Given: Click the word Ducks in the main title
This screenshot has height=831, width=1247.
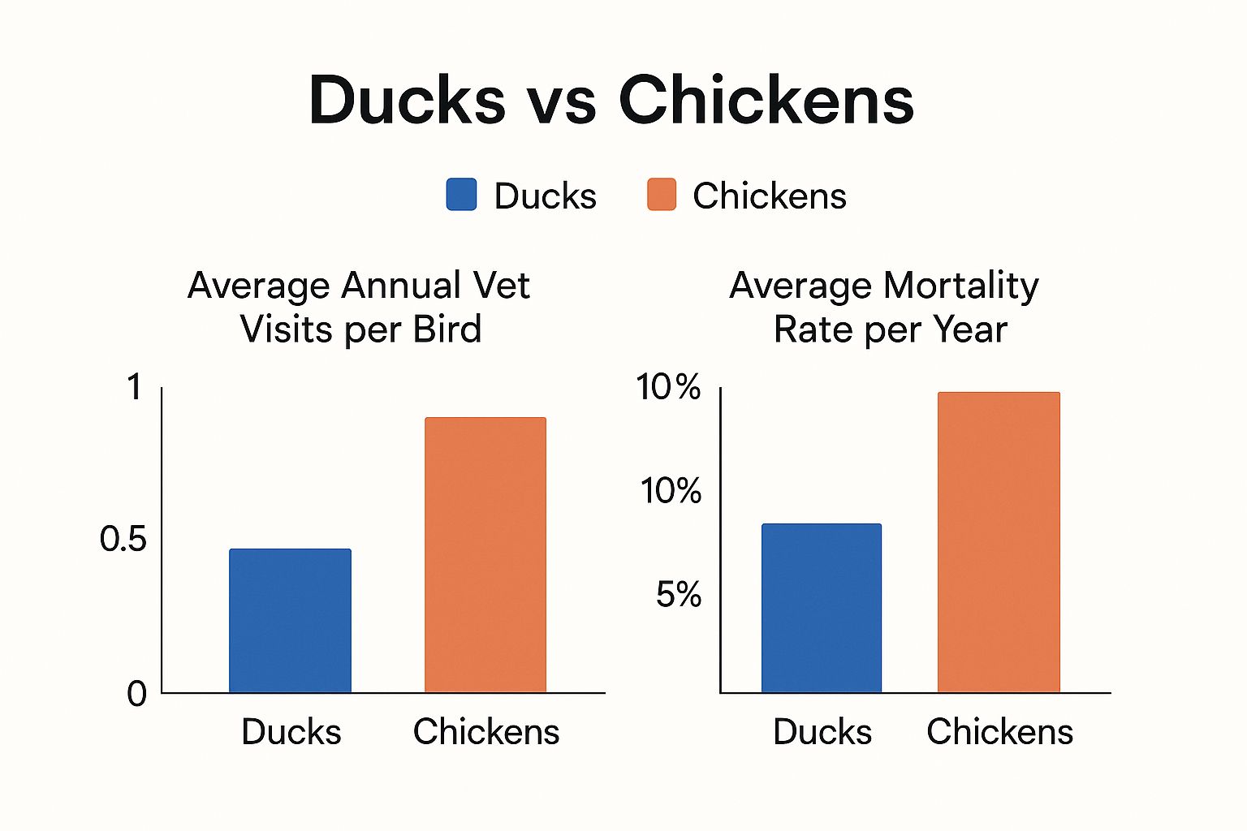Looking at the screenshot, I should [x=407, y=101].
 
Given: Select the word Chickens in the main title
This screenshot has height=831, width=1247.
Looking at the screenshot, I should [x=766, y=101].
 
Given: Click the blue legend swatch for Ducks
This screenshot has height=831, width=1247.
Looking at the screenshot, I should [x=461, y=195].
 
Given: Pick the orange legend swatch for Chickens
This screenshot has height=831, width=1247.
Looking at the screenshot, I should [x=662, y=195].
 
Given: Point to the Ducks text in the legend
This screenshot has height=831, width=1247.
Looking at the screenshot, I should [x=545, y=196].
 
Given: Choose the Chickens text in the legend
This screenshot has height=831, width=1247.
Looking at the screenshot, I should [x=769, y=196].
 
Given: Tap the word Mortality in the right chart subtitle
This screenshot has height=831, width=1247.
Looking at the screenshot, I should [x=960, y=286].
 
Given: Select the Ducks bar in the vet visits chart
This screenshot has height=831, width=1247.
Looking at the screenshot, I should [x=290, y=621].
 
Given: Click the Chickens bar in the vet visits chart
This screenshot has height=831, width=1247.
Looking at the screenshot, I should [x=485, y=555].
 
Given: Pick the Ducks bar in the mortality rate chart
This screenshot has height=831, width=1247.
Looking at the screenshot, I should [x=822, y=608].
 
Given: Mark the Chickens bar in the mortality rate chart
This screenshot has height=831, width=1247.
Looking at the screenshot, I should [x=999, y=542].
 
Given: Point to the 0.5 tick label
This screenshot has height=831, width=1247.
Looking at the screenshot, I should [x=123, y=539].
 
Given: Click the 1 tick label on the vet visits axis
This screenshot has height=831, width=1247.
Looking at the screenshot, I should [x=134, y=387].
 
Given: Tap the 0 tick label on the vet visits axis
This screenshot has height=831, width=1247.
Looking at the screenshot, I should [x=136, y=694].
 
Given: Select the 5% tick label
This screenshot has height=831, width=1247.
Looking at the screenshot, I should [x=678, y=595].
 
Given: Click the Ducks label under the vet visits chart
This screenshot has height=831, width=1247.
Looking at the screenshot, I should [x=291, y=732].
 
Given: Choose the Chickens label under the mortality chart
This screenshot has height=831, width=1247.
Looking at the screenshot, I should [x=999, y=732].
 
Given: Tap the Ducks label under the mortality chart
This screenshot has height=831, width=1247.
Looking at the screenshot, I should [x=822, y=732].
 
